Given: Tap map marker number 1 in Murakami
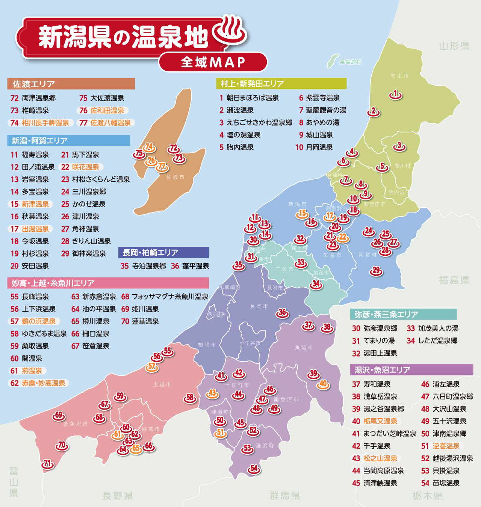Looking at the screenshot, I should pyautogui.click(x=395, y=94).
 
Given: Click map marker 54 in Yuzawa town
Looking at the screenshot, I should pyautogui.click(x=254, y=469).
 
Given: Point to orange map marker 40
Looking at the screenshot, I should pyautogui.click(x=323, y=384).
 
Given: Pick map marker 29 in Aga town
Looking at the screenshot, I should pyautogui.click(x=376, y=270).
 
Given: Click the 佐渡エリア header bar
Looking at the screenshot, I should pyautogui.click(x=71, y=83).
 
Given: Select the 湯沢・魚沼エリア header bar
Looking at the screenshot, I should pyautogui.click(x=411, y=370).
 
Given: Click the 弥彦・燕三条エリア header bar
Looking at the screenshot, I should pyautogui.click(x=403, y=314).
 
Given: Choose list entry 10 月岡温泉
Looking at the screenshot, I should pyautogui.click(x=314, y=147).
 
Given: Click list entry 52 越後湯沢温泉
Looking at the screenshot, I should pyautogui.click(x=447, y=458).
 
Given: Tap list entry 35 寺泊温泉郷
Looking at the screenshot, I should pyautogui.click(x=144, y=266).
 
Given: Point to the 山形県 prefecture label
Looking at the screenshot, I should pyautogui.click(x=454, y=46).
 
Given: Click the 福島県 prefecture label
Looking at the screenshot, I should pyautogui.click(x=454, y=280).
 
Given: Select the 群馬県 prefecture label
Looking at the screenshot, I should pyautogui.click(x=285, y=495).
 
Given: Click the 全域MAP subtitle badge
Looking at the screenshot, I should pyautogui.click(x=213, y=62).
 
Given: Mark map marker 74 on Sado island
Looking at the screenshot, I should pyautogui.click(x=149, y=147).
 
